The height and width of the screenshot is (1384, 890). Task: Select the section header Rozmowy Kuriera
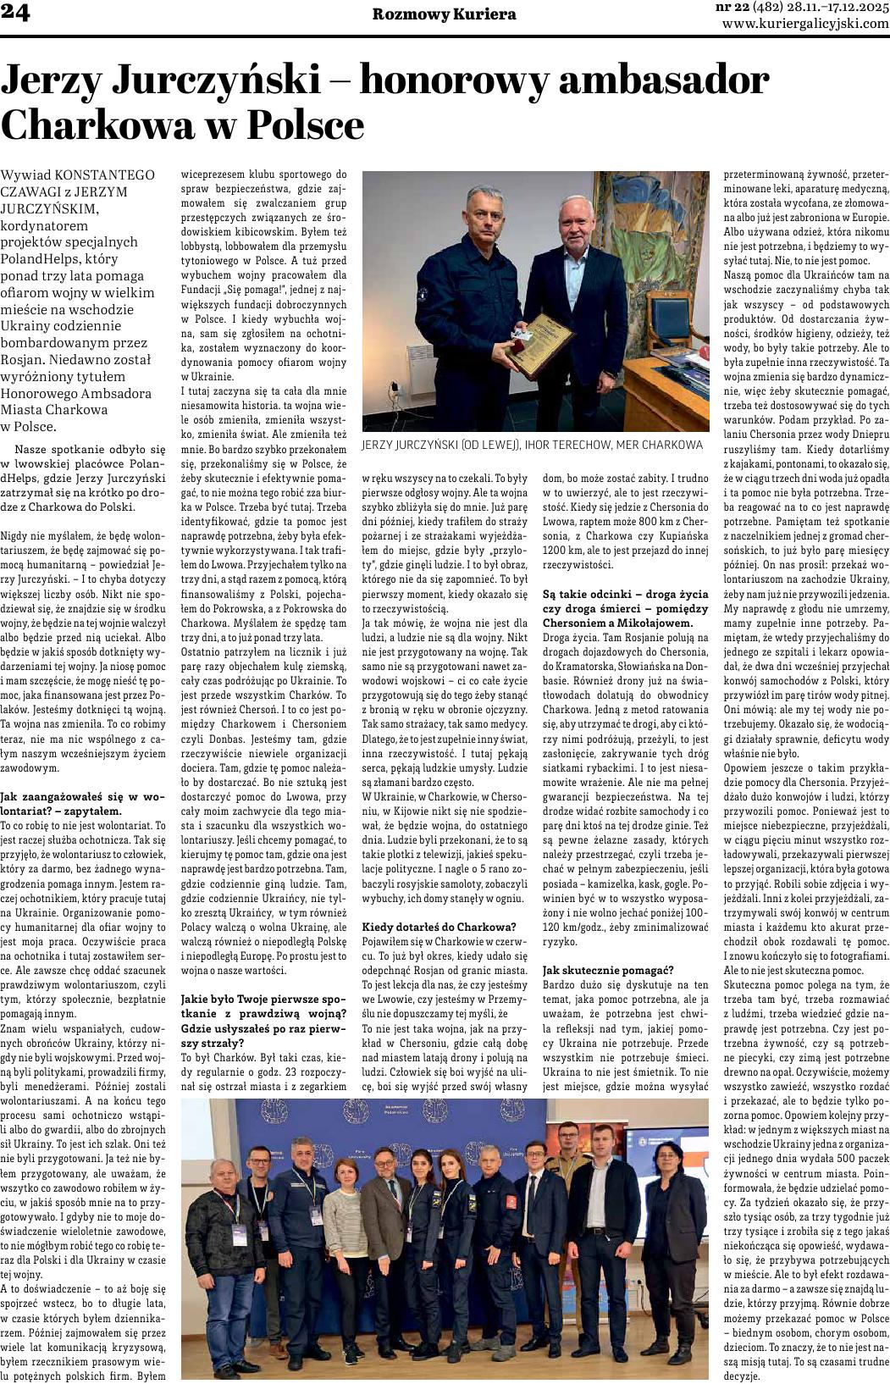pyautogui.click(x=444, y=14)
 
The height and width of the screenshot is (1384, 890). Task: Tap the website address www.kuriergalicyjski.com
pyautogui.click(x=804, y=25)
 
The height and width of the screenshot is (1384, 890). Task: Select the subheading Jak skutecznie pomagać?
pyautogui.click(x=608, y=971)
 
